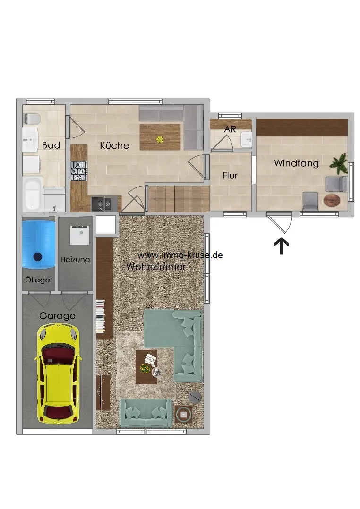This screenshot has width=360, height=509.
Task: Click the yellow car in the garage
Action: (x=58, y=374)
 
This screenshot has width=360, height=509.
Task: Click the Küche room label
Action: (x=114, y=145)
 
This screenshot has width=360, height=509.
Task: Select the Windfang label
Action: (x=296, y=163)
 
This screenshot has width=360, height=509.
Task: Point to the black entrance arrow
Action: (x=282, y=246)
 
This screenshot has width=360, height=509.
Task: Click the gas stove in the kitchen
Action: (x=79, y=171)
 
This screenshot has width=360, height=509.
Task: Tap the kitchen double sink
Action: (x=104, y=204)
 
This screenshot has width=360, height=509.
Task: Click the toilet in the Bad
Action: (x=31, y=119)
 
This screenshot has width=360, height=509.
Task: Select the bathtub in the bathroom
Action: (x=32, y=194)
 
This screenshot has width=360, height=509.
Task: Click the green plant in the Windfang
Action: (x=339, y=163)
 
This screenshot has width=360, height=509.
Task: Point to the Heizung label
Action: (x=75, y=259)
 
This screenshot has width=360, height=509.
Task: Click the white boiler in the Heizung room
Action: (x=79, y=235)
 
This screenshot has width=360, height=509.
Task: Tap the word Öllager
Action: (x=39, y=280)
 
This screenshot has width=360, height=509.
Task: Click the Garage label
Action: (x=57, y=316)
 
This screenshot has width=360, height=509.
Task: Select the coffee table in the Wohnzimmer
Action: (x=146, y=367)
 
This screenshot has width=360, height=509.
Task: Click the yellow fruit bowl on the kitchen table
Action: (x=160, y=140)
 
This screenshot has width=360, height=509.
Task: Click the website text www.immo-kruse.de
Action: (x=180, y=255)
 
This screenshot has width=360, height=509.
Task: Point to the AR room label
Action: (x=230, y=129)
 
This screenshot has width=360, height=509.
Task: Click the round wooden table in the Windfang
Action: (x=332, y=200)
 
